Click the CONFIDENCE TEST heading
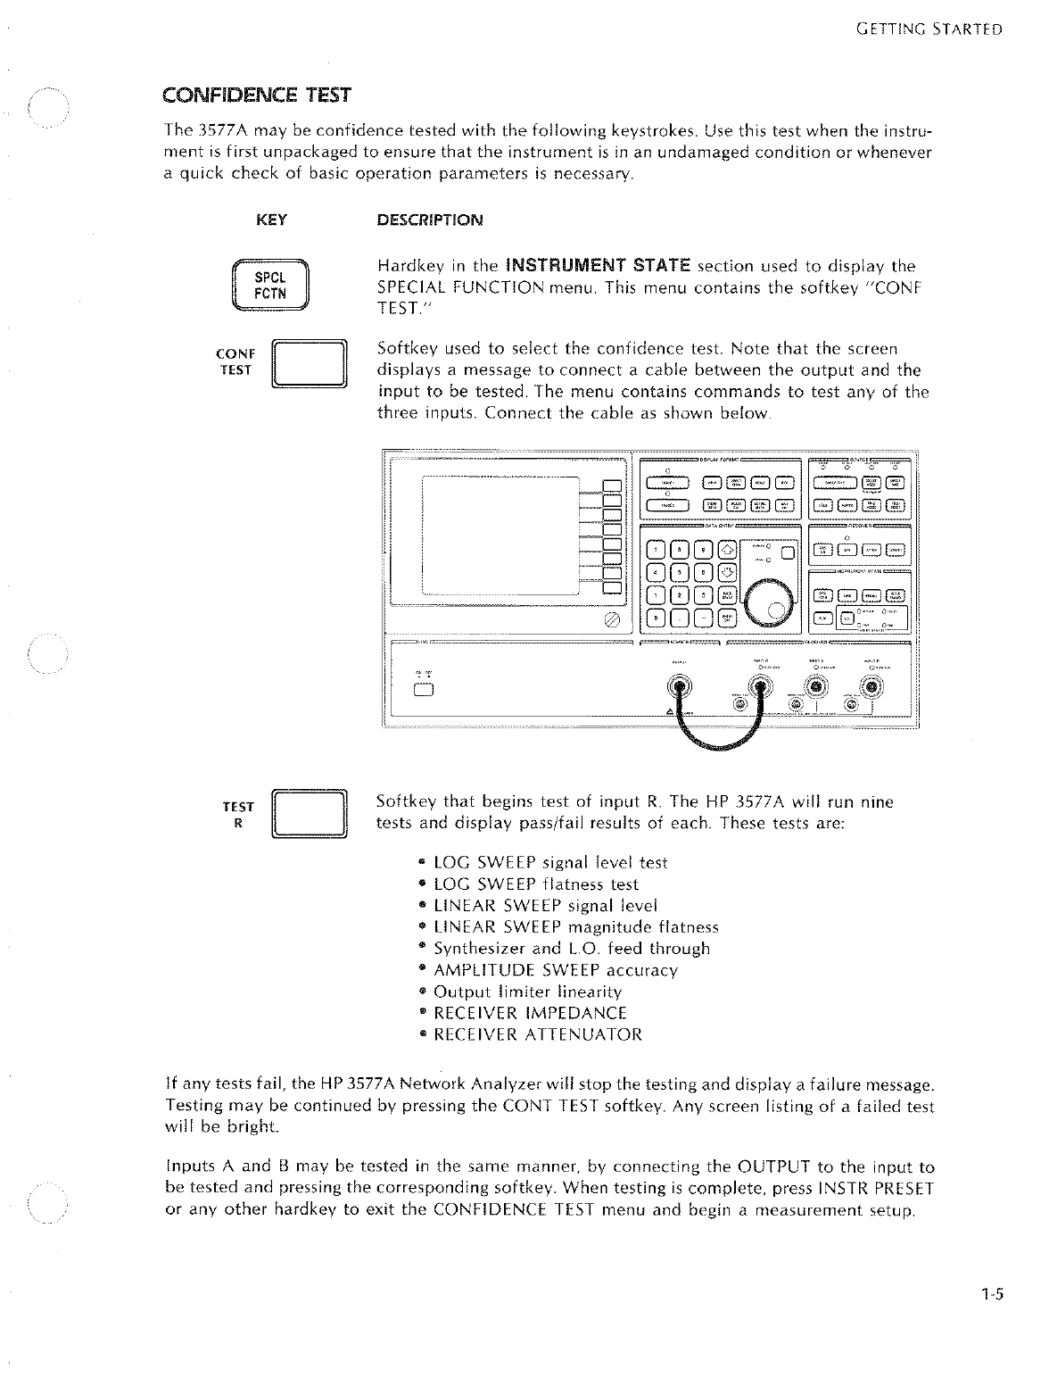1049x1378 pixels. [x=257, y=95]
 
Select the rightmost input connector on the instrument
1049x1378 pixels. [x=871, y=686]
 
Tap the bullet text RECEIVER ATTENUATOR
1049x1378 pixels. [x=537, y=1035]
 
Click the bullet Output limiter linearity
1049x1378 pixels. [x=527, y=992]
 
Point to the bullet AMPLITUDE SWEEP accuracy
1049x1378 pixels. [x=555, y=970]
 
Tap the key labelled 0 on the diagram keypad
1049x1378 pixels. [x=656, y=617]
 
